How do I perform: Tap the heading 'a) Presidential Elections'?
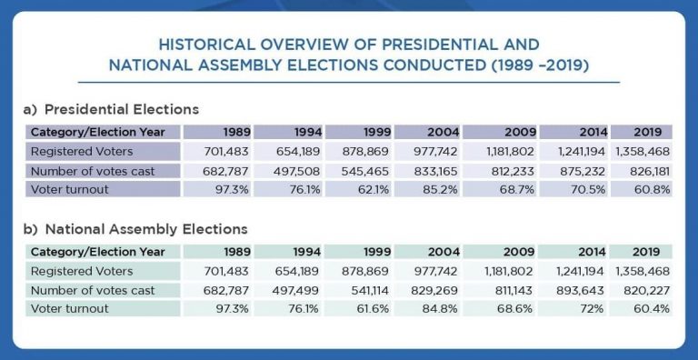pyautogui.click(x=110, y=109)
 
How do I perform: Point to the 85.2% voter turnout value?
pyautogui.click(x=441, y=189)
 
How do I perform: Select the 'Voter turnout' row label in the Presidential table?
pyautogui.click(x=69, y=189)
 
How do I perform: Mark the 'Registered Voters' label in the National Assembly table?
pyautogui.click(x=82, y=271)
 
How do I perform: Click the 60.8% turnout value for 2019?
pyautogui.click(x=653, y=189)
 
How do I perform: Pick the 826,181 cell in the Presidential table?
pyautogui.click(x=647, y=170)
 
